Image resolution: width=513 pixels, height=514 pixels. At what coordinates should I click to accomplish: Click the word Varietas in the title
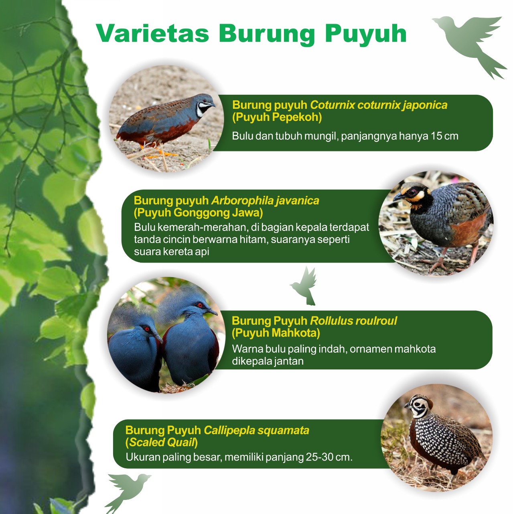pyautogui.click(x=152, y=33)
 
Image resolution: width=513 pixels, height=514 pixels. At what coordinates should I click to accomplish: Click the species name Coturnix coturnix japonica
pyautogui.click(x=379, y=105)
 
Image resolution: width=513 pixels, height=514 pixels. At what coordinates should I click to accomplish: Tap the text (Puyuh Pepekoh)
pyautogui.click(x=277, y=117)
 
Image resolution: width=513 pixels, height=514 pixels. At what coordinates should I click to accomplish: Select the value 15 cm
pyautogui.click(x=444, y=136)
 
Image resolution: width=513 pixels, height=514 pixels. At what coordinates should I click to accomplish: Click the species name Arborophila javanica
pyautogui.click(x=265, y=200)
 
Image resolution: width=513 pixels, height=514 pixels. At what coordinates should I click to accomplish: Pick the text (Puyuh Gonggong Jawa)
pyautogui.click(x=198, y=212)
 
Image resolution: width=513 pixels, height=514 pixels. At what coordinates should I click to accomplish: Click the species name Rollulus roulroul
pyautogui.click(x=353, y=321)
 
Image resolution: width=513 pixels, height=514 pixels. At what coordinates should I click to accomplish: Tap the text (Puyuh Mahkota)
pyautogui.click(x=276, y=333)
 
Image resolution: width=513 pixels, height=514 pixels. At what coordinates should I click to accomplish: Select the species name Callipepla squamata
pyautogui.click(x=256, y=430)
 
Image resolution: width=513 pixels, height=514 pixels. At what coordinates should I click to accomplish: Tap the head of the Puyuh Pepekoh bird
pyautogui.click(x=204, y=104)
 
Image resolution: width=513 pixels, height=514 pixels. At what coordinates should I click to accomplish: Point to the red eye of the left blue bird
pyautogui.click(x=147, y=329)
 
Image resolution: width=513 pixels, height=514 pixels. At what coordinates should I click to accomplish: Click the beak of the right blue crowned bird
pyautogui.click(x=212, y=311)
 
